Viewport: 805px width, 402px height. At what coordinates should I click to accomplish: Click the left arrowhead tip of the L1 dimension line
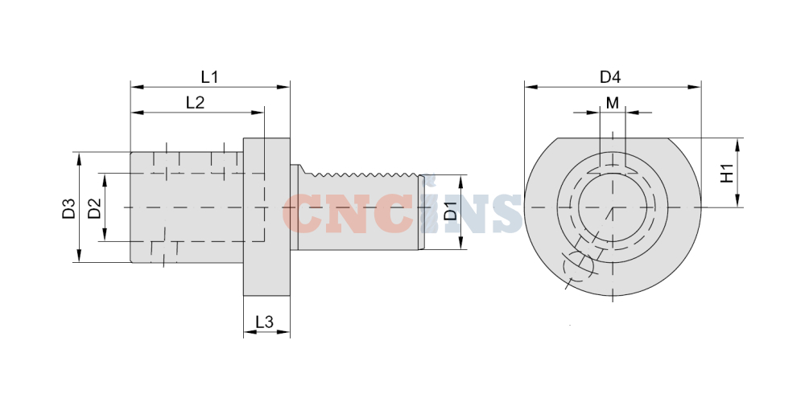click(x=131, y=87)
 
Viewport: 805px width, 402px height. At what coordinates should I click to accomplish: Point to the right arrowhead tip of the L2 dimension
click(x=264, y=113)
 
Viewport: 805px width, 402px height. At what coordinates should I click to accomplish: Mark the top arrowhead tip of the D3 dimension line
click(x=79, y=153)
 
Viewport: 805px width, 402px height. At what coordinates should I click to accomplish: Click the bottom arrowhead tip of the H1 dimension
click(x=737, y=207)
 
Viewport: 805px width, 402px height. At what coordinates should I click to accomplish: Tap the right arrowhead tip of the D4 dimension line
click(x=701, y=87)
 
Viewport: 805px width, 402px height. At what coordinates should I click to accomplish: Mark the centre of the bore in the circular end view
click(x=612, y=207)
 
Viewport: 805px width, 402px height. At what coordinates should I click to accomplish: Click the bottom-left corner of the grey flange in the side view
click(x=243, y=296)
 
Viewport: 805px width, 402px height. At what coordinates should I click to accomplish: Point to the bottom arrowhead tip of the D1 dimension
click(x=460, y=249)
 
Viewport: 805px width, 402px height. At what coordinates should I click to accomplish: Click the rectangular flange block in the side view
click(x=266, y=217)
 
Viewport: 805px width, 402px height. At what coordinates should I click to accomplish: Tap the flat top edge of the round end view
click(x=613, y=138)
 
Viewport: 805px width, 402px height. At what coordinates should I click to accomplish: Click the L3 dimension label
click(x=264, y=322)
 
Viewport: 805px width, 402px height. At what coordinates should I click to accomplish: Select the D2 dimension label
click(x=94, y=208)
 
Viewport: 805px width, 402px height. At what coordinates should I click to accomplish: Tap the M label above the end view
click(x=613, y=103)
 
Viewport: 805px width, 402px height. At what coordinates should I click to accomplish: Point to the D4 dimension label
click(x=610, y=77)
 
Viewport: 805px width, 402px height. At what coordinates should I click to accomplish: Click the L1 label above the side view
click(x=209, y=77)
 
